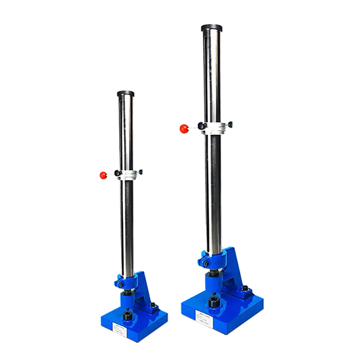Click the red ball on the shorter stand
point(103,175)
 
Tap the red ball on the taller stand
point(184,129)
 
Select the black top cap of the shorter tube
point(126,94)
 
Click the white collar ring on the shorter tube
point(129,174)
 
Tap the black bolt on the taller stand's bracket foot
point(245,288)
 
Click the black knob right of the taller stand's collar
point(230,124)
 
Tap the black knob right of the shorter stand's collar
point(140,171)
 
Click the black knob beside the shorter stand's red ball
point(117,173)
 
